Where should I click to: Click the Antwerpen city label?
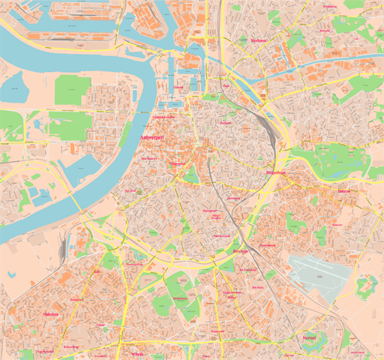pyautogui.click(x=152, y=138)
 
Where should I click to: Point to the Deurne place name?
pyautogui.click(x=343, y=190)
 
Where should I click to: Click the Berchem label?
pyautogui.click(x=240, y=251)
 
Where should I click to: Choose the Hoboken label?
pyautogui.click(x=50, y=314)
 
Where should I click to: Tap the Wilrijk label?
pyautogui.click(x=136, y=353)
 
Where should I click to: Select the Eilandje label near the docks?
pyautogui.click(x=178, y=87)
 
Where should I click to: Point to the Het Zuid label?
pyautogui.click(x=130, y=190)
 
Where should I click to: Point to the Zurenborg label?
pyautogui.click(x=232, y=199)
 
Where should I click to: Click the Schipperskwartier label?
pyautogui.click(x=163, y=117)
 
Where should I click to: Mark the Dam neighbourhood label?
pyautogui.click(x=226, y=85)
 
